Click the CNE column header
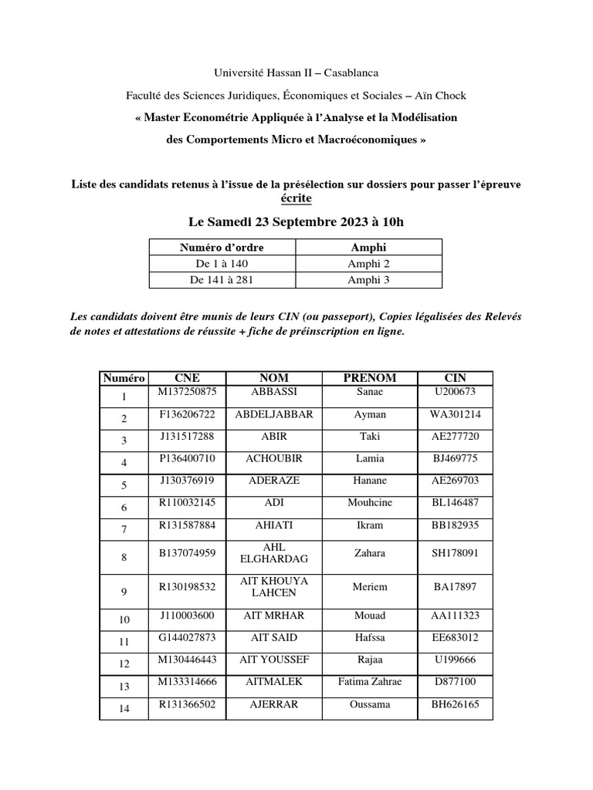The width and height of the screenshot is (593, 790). point(187,378)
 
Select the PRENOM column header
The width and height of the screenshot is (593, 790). point(370,378)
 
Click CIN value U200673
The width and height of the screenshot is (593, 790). point(455,392)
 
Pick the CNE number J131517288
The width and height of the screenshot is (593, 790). point(188,437)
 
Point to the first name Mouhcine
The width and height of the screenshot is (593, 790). point(370,502)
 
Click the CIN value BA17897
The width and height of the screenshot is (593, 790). point(455,587)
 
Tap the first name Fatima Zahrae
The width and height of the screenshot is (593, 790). point(370,682)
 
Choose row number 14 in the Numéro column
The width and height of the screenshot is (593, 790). point(124,708)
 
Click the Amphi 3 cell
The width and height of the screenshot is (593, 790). point(368,279)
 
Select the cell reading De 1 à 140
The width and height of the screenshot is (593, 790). point(222,264)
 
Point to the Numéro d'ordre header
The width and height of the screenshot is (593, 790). point(222,248)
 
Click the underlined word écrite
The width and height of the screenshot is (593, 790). point(296,199)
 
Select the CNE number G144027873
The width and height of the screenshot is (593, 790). point(188,637)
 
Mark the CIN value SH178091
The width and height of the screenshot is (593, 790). point(455,553)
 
